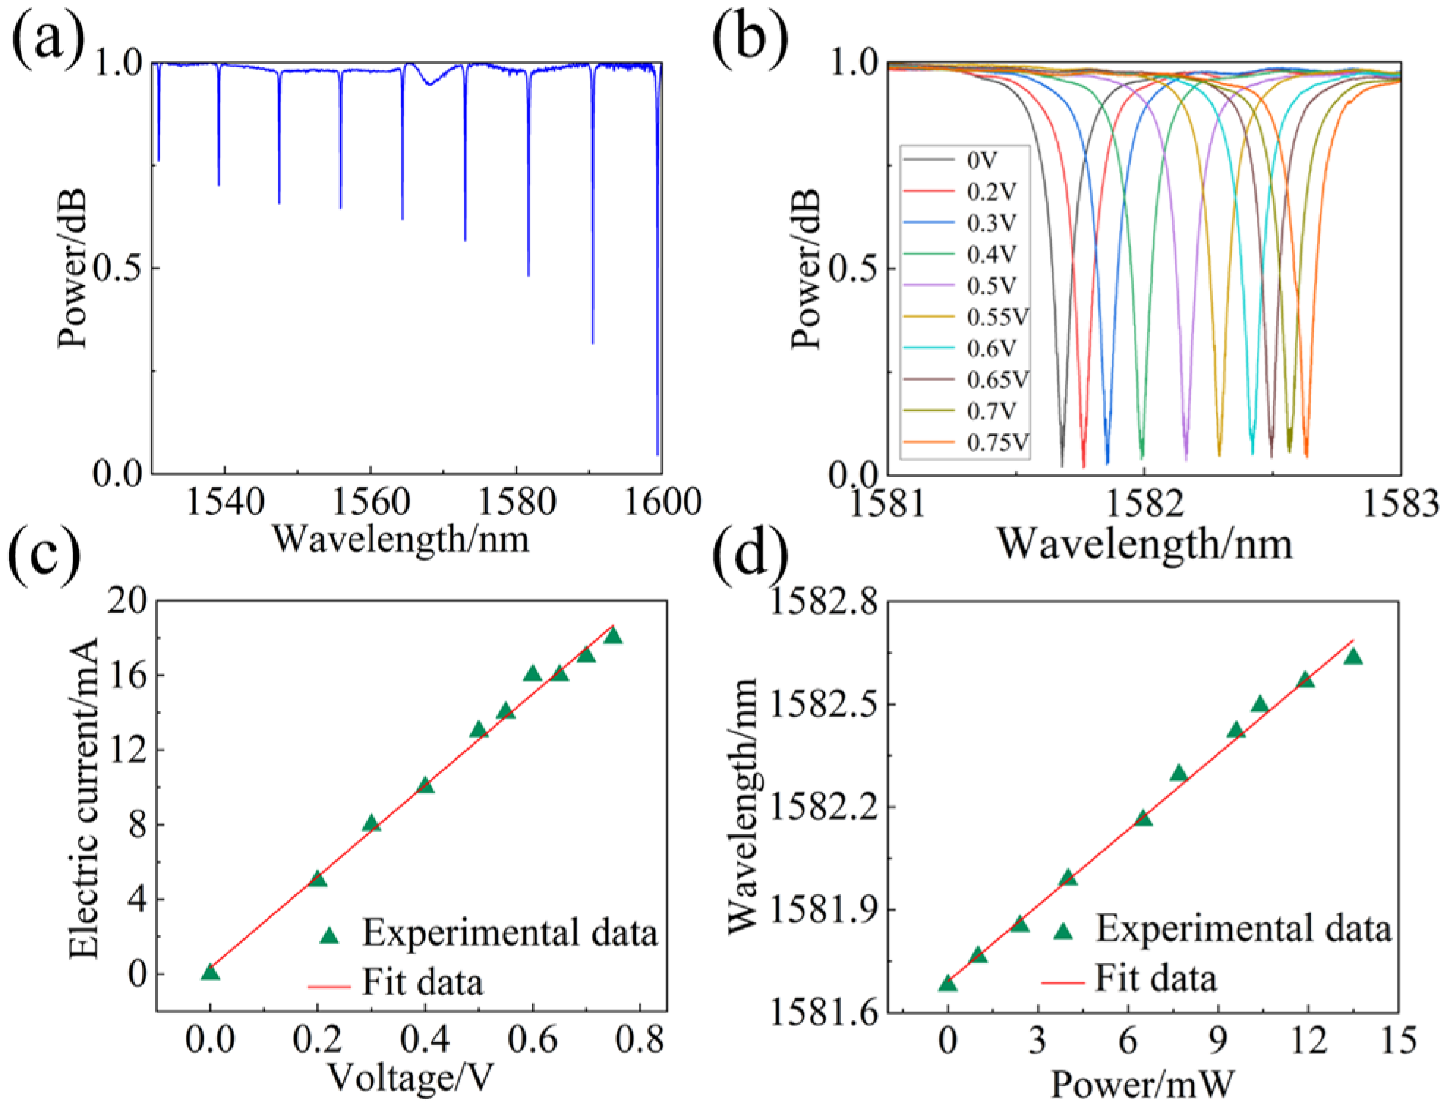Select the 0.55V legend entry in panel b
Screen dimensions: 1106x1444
pos(997,317)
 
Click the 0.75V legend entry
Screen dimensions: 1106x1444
pos(997,442)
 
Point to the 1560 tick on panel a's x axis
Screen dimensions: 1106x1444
pos(370,501)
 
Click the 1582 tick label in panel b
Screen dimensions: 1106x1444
pos(1144,504)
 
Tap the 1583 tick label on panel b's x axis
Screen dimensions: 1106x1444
pos(1400,504)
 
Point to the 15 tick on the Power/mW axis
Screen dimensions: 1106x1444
pos(1398,1040)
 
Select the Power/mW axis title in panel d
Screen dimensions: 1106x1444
pos(1143,1083)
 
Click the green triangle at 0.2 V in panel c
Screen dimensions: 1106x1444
pos(317,878)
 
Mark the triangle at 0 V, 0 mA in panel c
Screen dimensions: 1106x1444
pos(210,972)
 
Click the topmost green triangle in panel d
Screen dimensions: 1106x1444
pos(1353,657)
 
